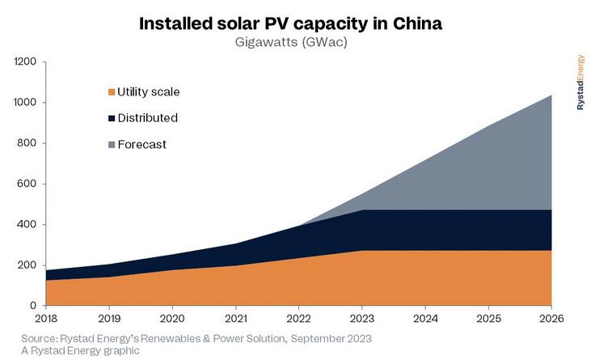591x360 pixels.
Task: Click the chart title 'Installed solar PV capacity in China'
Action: (x=290, y=23)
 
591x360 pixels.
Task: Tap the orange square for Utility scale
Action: (x=111, y=92)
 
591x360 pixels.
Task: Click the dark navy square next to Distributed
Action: (x=111, y=118)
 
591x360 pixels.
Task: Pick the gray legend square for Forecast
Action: (x=111, y=145)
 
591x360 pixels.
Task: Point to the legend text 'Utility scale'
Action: (x=149, y=92)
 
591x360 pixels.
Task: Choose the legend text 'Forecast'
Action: (x=142, y=145)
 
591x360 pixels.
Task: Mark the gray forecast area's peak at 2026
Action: (x=551, y=96)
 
